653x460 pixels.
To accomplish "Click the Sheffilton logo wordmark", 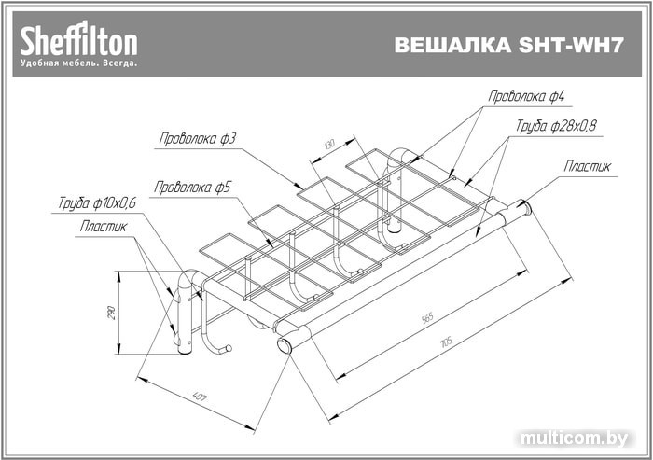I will [x=79, y=40].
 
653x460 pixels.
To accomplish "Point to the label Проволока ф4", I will [x=527, y=96].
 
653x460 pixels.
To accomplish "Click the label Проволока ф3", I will [x=197, y=139].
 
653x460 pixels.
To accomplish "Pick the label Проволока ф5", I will [x=192, y=188].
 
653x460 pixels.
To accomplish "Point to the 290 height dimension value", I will [x=112, y=314].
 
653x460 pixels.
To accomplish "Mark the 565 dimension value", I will [x=428, y=319].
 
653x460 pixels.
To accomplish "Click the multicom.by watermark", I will [x=578, y=438].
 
